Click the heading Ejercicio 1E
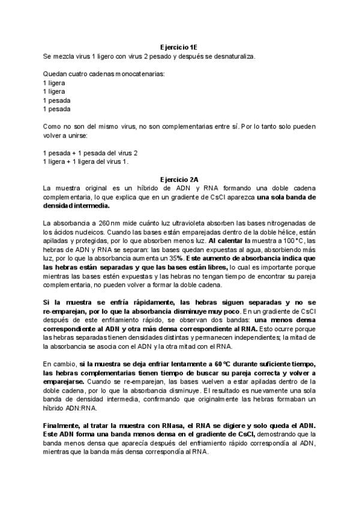coord(180,47)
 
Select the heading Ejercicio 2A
coord(180,179)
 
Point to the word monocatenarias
coord(136,73)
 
